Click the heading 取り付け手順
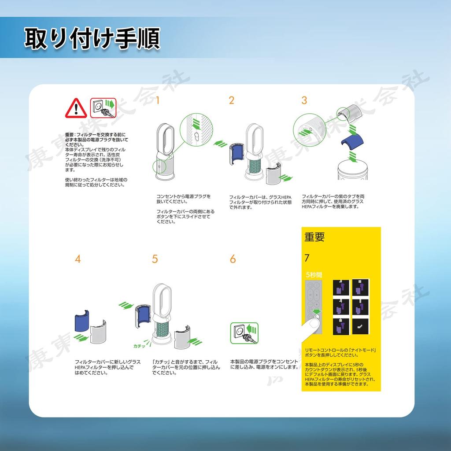pos(92,39)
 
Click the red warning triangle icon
pos(76,108)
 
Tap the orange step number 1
pos(158,100)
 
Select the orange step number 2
pos(232,100)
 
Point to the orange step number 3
pos(304,100)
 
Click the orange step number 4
pos(78,259)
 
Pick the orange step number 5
pos(155,259)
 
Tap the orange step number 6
pos(233,259)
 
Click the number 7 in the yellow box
pos(307,258)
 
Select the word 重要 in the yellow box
pos(314,237)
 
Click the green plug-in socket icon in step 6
pos(244,333)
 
